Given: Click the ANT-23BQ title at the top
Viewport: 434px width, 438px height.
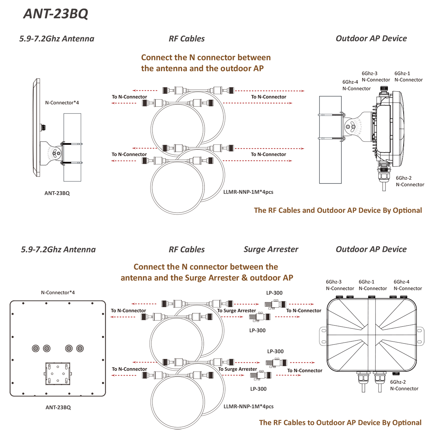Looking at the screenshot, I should tap(56, 14).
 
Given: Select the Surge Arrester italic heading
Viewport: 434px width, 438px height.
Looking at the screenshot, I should tap(271, 250).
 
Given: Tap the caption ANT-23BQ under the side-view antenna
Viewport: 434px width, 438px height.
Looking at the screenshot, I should tap(57, 193).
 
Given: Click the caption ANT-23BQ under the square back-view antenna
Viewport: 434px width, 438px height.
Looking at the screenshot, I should tap(58, 407).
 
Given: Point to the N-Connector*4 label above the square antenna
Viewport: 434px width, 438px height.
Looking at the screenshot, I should tap(58, 293).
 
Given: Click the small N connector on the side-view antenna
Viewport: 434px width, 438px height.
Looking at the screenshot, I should tap(43, 127).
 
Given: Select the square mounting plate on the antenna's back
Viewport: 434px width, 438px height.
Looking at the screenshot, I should tap(58, 374).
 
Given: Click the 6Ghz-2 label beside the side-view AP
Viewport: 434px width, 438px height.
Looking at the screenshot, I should tap(403, 178).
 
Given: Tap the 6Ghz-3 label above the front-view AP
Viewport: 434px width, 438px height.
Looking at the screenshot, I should tap(334, 282).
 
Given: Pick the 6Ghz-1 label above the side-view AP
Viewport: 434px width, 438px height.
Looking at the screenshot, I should tap(402, 73).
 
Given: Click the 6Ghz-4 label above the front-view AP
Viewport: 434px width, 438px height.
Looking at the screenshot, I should tap(401, 282).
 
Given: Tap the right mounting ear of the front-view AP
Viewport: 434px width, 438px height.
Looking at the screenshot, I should tap(420, 336).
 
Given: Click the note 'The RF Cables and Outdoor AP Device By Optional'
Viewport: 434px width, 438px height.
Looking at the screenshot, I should tap(338, 211).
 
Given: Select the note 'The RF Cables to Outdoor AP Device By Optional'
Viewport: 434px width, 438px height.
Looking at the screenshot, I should tap(340, 423).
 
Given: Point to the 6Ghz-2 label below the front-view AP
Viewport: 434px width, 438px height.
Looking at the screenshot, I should tap(398, 382).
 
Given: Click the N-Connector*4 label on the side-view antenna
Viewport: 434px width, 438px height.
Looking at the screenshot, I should tap(62, 103).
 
